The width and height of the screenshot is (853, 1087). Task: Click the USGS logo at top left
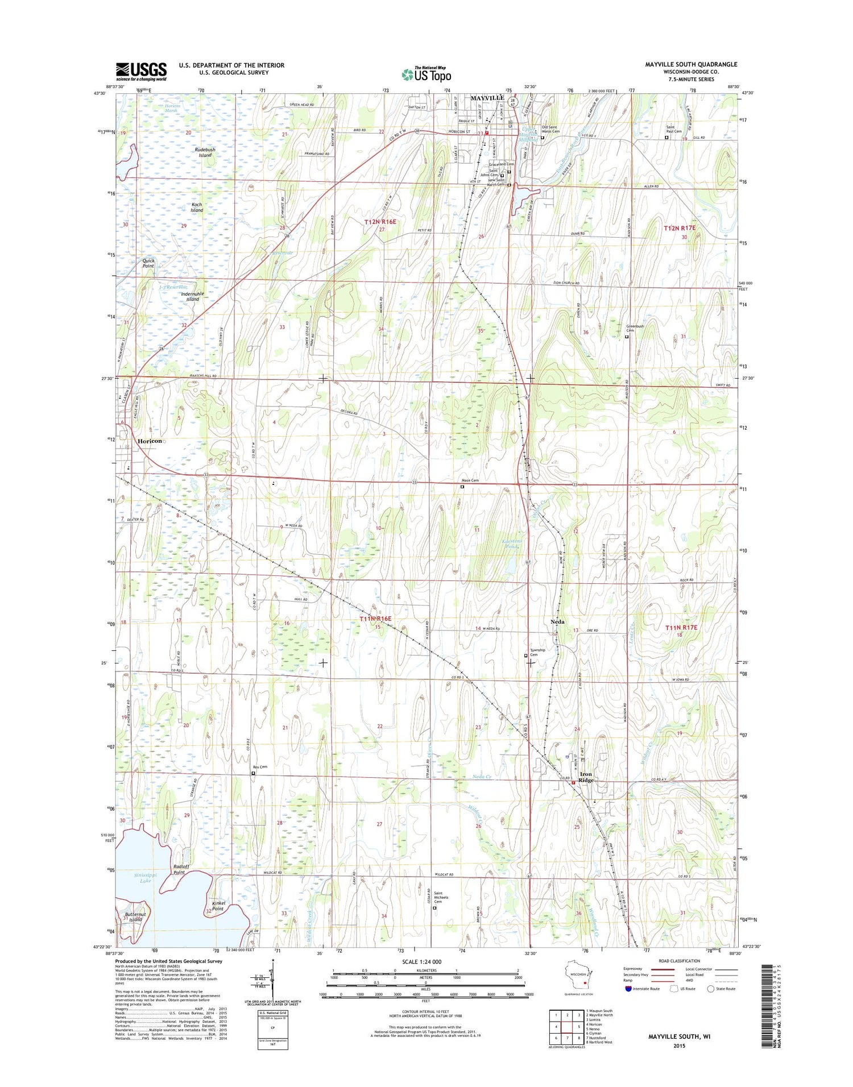click(141, 71)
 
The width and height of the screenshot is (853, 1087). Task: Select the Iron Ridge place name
click(586, 777)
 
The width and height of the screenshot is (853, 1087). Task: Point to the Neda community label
click(557, 621)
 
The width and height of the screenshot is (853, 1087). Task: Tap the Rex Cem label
click(260, 766)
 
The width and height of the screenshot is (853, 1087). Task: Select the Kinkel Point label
click(218, 906)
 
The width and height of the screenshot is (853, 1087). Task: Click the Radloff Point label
click(180, 869)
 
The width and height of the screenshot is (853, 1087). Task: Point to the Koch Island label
click(197, 207)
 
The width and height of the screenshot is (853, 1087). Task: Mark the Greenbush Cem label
click(635, 328)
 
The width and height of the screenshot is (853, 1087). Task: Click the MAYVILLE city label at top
click(487, 98)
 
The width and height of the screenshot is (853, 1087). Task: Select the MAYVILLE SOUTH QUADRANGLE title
click(690, 64)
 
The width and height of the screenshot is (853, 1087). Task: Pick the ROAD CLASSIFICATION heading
click(679, 961)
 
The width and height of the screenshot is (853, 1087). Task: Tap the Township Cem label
click(537, 652)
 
